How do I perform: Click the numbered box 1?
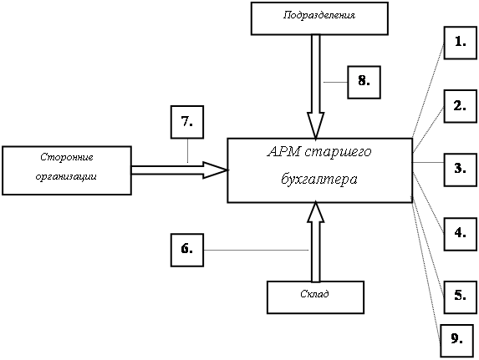[460, 43]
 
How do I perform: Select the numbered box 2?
[460, 107]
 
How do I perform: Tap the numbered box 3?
[460, 170]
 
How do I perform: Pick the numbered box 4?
[460, 234]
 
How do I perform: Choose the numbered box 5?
[460, 297]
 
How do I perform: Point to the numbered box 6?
[187, 250]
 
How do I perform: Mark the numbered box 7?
[187, 122]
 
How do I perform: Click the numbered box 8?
[364, 82]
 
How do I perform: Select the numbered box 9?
[456, 341]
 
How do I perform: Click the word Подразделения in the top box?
[319, 16]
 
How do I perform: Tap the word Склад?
[314, 294]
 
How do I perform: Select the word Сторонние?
[67, 157]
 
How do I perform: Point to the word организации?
[66, 176]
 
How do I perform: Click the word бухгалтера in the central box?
[319, 180]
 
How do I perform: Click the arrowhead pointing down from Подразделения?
[315, 125]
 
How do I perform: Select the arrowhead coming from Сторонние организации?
[216, 170]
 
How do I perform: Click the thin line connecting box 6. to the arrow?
[256, 250]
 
